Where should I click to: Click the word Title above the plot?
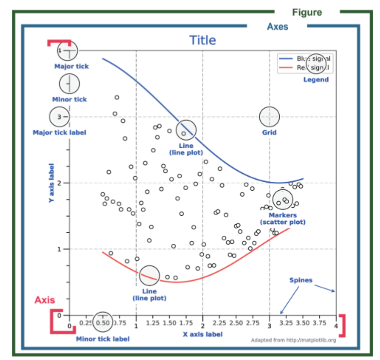202,40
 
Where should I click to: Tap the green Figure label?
307,12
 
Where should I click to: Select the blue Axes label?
277,27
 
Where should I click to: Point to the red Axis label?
45,300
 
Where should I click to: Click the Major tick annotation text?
71,66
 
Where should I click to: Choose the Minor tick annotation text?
69,100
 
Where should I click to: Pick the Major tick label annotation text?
60,133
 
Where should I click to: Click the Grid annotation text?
269,133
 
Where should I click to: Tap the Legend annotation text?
316,80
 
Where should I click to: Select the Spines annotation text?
301,280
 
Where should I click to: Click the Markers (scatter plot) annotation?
282,219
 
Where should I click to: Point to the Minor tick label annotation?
102,339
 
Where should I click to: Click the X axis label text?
203,334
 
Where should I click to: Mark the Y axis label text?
52,183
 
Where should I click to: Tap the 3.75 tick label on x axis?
319,323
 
